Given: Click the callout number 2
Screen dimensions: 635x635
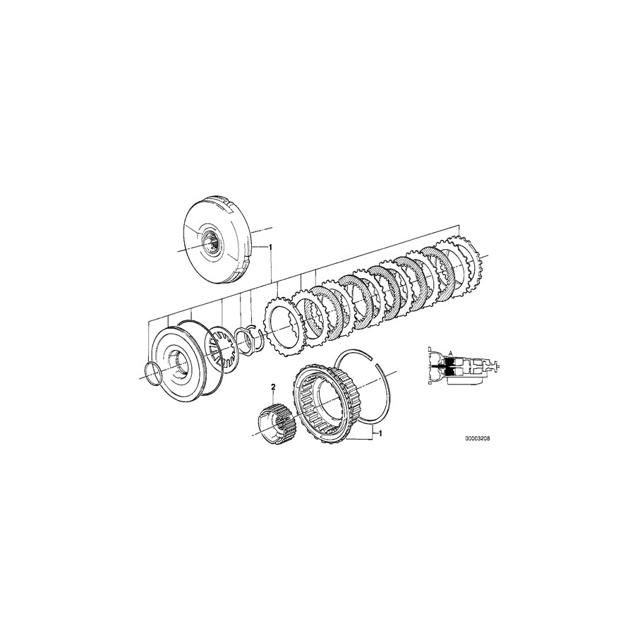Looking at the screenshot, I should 273,386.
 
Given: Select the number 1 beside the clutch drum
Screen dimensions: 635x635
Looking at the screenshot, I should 270,248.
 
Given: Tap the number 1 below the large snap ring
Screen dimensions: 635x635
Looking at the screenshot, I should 381,433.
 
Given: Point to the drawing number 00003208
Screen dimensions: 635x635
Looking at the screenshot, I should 477,438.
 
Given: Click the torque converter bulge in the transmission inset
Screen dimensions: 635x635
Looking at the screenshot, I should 431,367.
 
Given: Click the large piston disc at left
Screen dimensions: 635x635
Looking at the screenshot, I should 176,361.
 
